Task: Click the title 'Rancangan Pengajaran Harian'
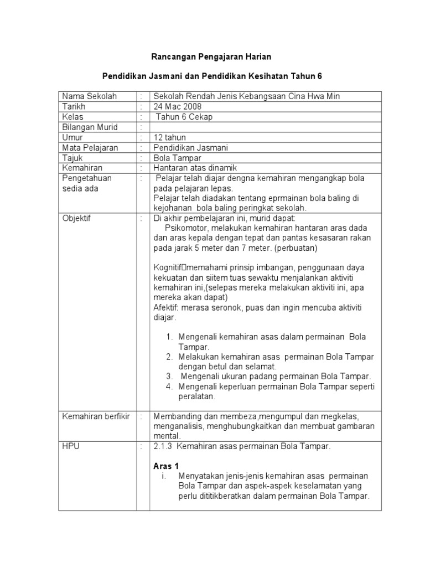coord(212,56)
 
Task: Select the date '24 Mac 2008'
coord(178,106)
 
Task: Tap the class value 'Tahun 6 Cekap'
coord(184,117)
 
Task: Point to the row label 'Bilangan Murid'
coord(90,127)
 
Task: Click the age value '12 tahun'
coord(170,137)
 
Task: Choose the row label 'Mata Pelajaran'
coord(90,148)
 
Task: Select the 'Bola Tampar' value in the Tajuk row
coord(176,158)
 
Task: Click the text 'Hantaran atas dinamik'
coord(195,168)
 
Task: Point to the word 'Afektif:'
coord(168,307)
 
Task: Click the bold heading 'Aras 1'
coord(166,466)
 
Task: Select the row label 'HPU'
coord(71,446)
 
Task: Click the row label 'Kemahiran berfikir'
coord(96,416)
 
